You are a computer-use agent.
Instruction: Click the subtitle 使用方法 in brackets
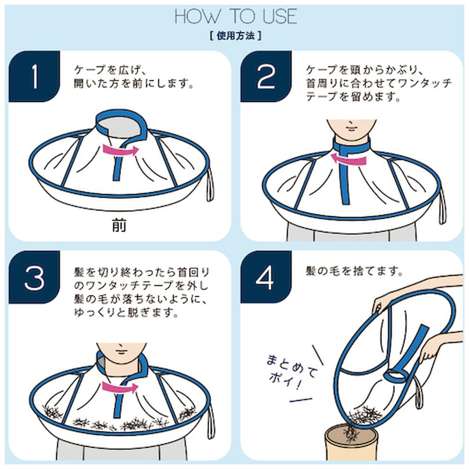point(236,36)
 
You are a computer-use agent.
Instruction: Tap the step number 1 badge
point(34,76)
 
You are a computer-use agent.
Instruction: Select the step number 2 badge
point(266,76)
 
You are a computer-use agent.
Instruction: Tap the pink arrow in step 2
point(348,158)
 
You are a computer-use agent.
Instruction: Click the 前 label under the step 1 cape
point(119,225)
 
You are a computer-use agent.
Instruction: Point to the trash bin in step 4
point(351,444)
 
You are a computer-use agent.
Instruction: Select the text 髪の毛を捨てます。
point(354,271)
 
